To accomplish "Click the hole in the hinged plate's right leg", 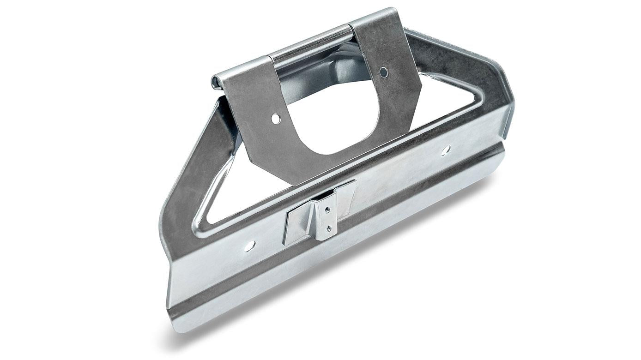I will pyautogui.click(x=383, y=72).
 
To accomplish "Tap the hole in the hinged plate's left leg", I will pyautogui.click(x=276, y=119).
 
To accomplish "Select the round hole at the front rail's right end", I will pyautogui.click(x=446, y=150).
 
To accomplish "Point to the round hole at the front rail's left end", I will pyautogui.click(x=249, y=246).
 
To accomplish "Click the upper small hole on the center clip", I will pyautogui.click(x=327, y=210).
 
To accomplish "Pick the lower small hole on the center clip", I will pyautogui.click(x=328, y=228).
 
